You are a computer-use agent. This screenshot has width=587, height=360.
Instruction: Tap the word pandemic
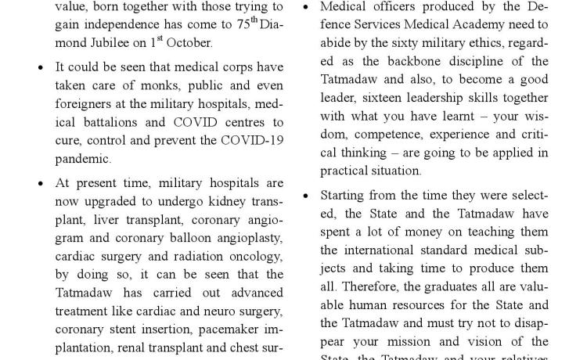pos(83,159)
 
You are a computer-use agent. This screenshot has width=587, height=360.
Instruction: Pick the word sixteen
pos(373,98)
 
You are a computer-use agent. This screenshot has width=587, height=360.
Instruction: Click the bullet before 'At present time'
pos(41,184)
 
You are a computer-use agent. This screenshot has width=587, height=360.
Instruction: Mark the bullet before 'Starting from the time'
pos(305,196)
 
